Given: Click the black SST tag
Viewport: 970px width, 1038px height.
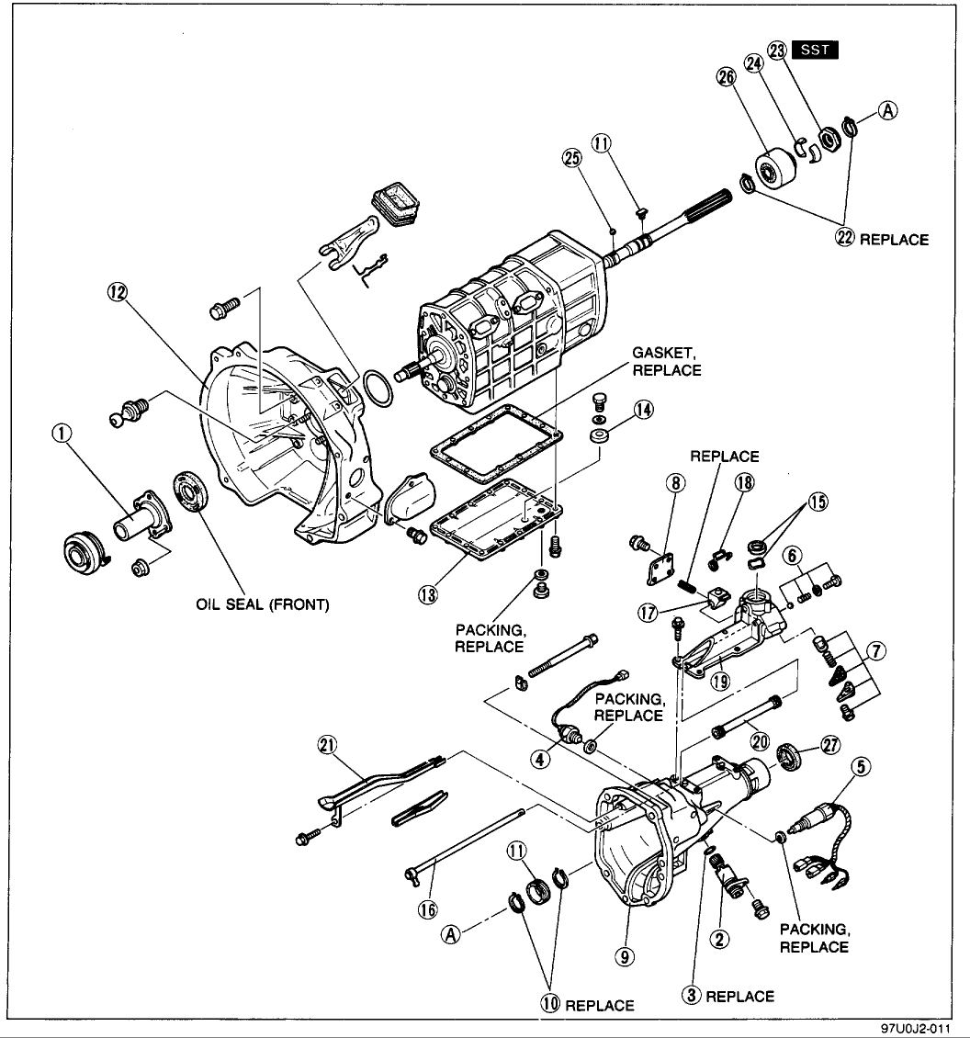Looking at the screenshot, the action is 815,50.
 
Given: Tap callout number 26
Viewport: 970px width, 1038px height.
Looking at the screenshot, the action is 727,77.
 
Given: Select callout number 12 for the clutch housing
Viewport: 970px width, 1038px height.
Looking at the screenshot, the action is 118,292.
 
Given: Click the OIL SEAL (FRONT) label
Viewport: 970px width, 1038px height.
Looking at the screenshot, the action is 262,604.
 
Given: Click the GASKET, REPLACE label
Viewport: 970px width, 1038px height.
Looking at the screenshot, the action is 666,361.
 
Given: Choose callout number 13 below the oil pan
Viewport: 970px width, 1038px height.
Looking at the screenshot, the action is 428,594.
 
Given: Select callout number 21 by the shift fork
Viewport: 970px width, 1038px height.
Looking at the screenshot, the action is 327,746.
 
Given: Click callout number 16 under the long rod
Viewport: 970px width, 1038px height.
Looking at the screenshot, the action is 428,909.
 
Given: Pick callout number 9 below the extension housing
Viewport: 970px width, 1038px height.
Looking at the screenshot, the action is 624,956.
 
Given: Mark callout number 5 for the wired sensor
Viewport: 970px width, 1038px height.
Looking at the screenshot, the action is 860,767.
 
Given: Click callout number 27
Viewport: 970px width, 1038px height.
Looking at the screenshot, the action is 830,745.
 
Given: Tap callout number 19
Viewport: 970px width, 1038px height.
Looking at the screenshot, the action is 720,681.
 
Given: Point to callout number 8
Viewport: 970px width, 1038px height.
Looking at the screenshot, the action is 675,483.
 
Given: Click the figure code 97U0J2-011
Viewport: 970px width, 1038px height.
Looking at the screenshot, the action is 916,1028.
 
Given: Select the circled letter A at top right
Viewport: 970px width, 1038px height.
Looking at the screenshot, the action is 887,110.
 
